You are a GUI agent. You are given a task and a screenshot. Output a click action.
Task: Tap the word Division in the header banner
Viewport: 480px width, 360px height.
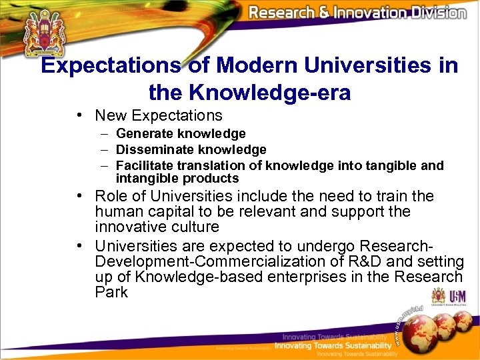(432, 13)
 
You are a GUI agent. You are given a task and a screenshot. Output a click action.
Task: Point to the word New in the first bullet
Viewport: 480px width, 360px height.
(111, 115)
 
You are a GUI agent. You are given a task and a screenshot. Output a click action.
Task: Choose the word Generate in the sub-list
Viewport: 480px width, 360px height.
(141, 134)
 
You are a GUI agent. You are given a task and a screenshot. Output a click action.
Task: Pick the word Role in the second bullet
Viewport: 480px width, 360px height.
(111, 196)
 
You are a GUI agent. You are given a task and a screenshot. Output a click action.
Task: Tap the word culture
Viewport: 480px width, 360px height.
(195, 227)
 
